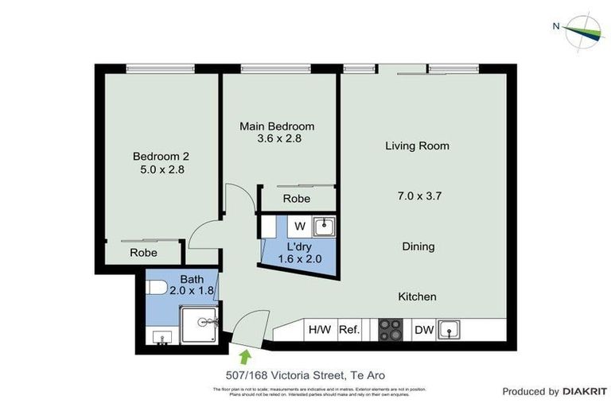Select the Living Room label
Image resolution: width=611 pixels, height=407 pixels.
pos(417,146)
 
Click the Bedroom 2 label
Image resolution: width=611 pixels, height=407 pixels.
pos(161,157)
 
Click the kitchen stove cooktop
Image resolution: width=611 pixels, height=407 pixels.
pos(391,329)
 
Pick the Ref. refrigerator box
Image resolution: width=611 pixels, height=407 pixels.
pos(350,329)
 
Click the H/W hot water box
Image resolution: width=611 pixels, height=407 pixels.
pos(319,329)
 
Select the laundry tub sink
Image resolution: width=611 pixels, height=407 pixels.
pos(323,227)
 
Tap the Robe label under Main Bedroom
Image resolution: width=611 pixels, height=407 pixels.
pos(297,199)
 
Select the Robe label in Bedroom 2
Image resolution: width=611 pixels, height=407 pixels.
pos(143,253)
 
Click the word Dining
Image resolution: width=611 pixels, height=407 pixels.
pos(418,246)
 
